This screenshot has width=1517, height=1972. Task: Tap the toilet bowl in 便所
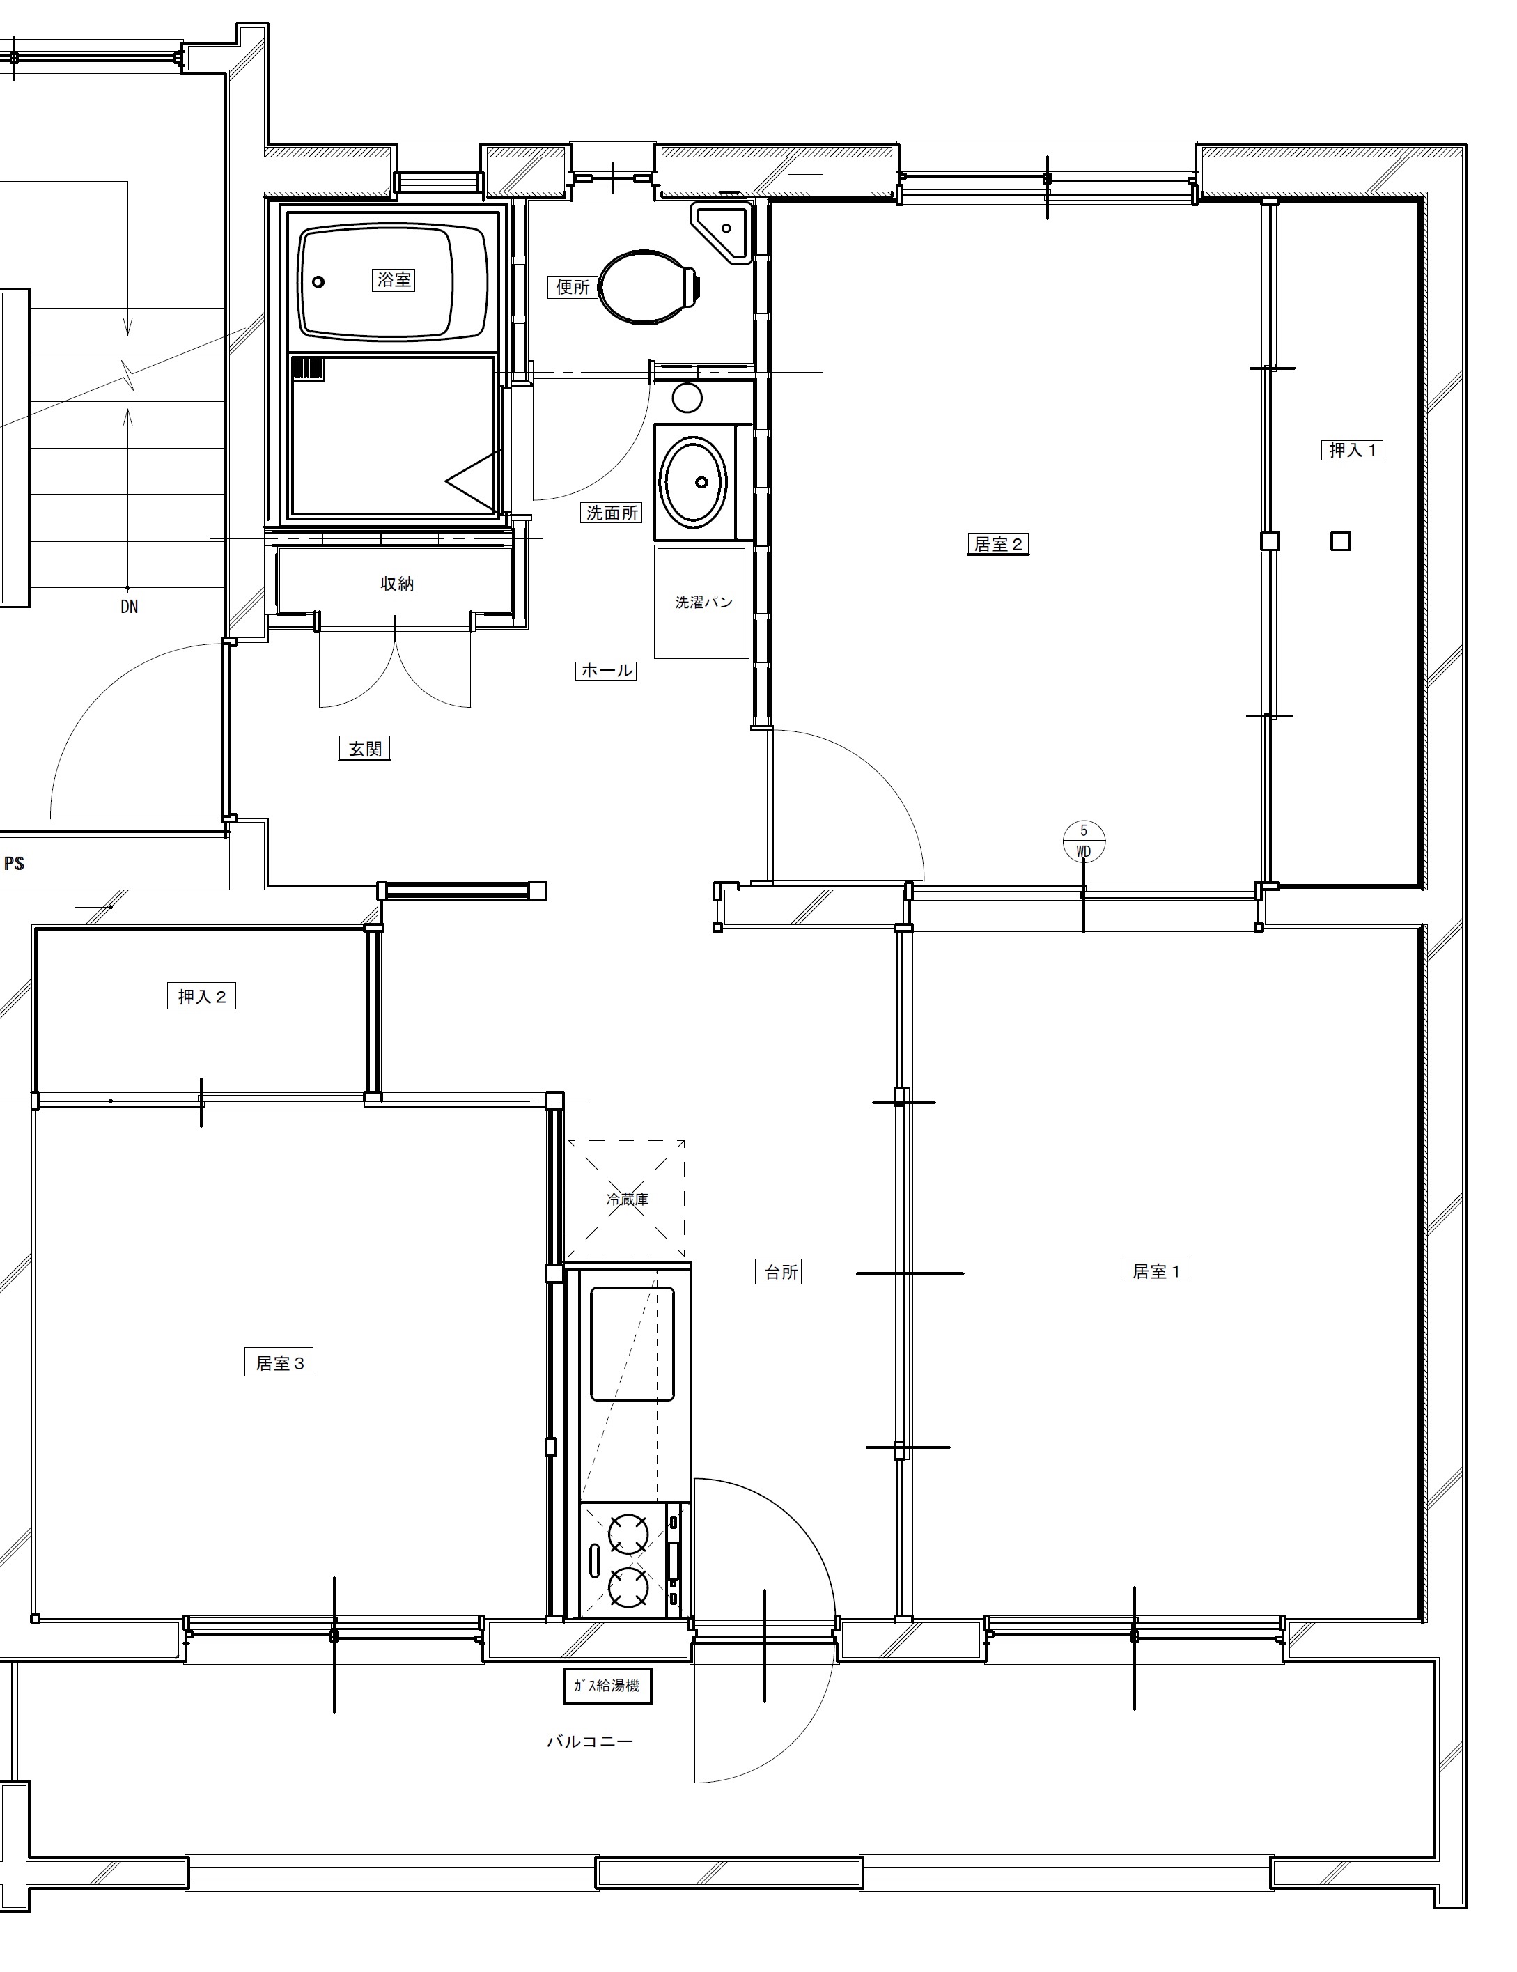click(648, 286)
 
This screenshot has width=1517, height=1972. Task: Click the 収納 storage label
click(397, 584)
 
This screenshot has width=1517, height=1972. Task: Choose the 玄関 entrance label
click(365, 749)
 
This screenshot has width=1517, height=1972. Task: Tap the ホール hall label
click(606, 671)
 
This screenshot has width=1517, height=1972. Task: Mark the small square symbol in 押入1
click(1341, 541)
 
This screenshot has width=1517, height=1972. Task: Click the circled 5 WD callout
click(1084, 841)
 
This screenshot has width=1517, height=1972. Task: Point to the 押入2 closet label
click(201, 997)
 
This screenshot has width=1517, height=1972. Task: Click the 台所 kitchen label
click(782, 1272)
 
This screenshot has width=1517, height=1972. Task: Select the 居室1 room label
click(1157, 1271)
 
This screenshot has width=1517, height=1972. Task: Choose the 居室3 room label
click(279, 1362)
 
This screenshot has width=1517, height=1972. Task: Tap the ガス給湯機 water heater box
click(607, 1686)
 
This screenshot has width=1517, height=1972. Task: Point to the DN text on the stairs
click(129, 607)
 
